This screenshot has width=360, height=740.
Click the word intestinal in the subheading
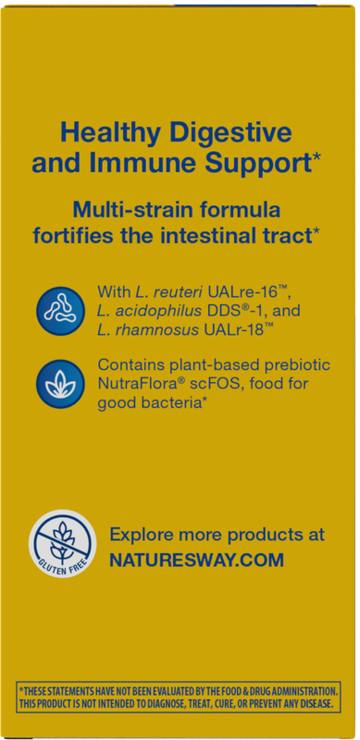click(x=213, y=235)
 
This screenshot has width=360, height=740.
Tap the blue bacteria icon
click(x=60, y=311)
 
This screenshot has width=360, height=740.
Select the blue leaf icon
click(x=60, y=384)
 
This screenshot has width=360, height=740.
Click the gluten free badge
click(x=62, y=544)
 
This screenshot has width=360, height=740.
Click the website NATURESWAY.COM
click(x=196, y=561)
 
